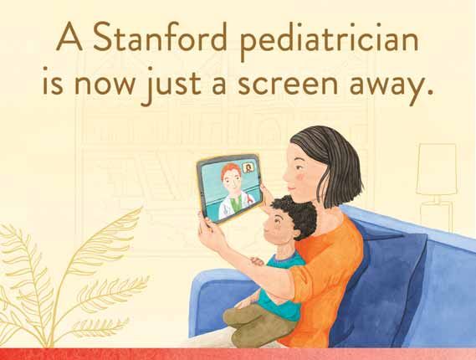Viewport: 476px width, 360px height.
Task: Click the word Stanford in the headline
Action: [160, 37]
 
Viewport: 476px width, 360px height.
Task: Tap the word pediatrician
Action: [330, 41]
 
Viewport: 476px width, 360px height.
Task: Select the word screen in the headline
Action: [288, 83]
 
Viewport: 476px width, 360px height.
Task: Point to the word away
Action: [392, 86]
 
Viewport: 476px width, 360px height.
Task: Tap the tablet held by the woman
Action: [229, 188]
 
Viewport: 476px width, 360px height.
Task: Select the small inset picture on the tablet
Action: [248, 168]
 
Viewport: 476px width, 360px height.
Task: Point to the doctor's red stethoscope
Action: [249, 199]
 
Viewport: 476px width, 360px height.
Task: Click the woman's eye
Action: [299, 167]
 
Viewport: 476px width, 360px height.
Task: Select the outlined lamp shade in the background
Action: [437, 169]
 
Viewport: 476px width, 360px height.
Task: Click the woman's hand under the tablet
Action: [210, 230]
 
